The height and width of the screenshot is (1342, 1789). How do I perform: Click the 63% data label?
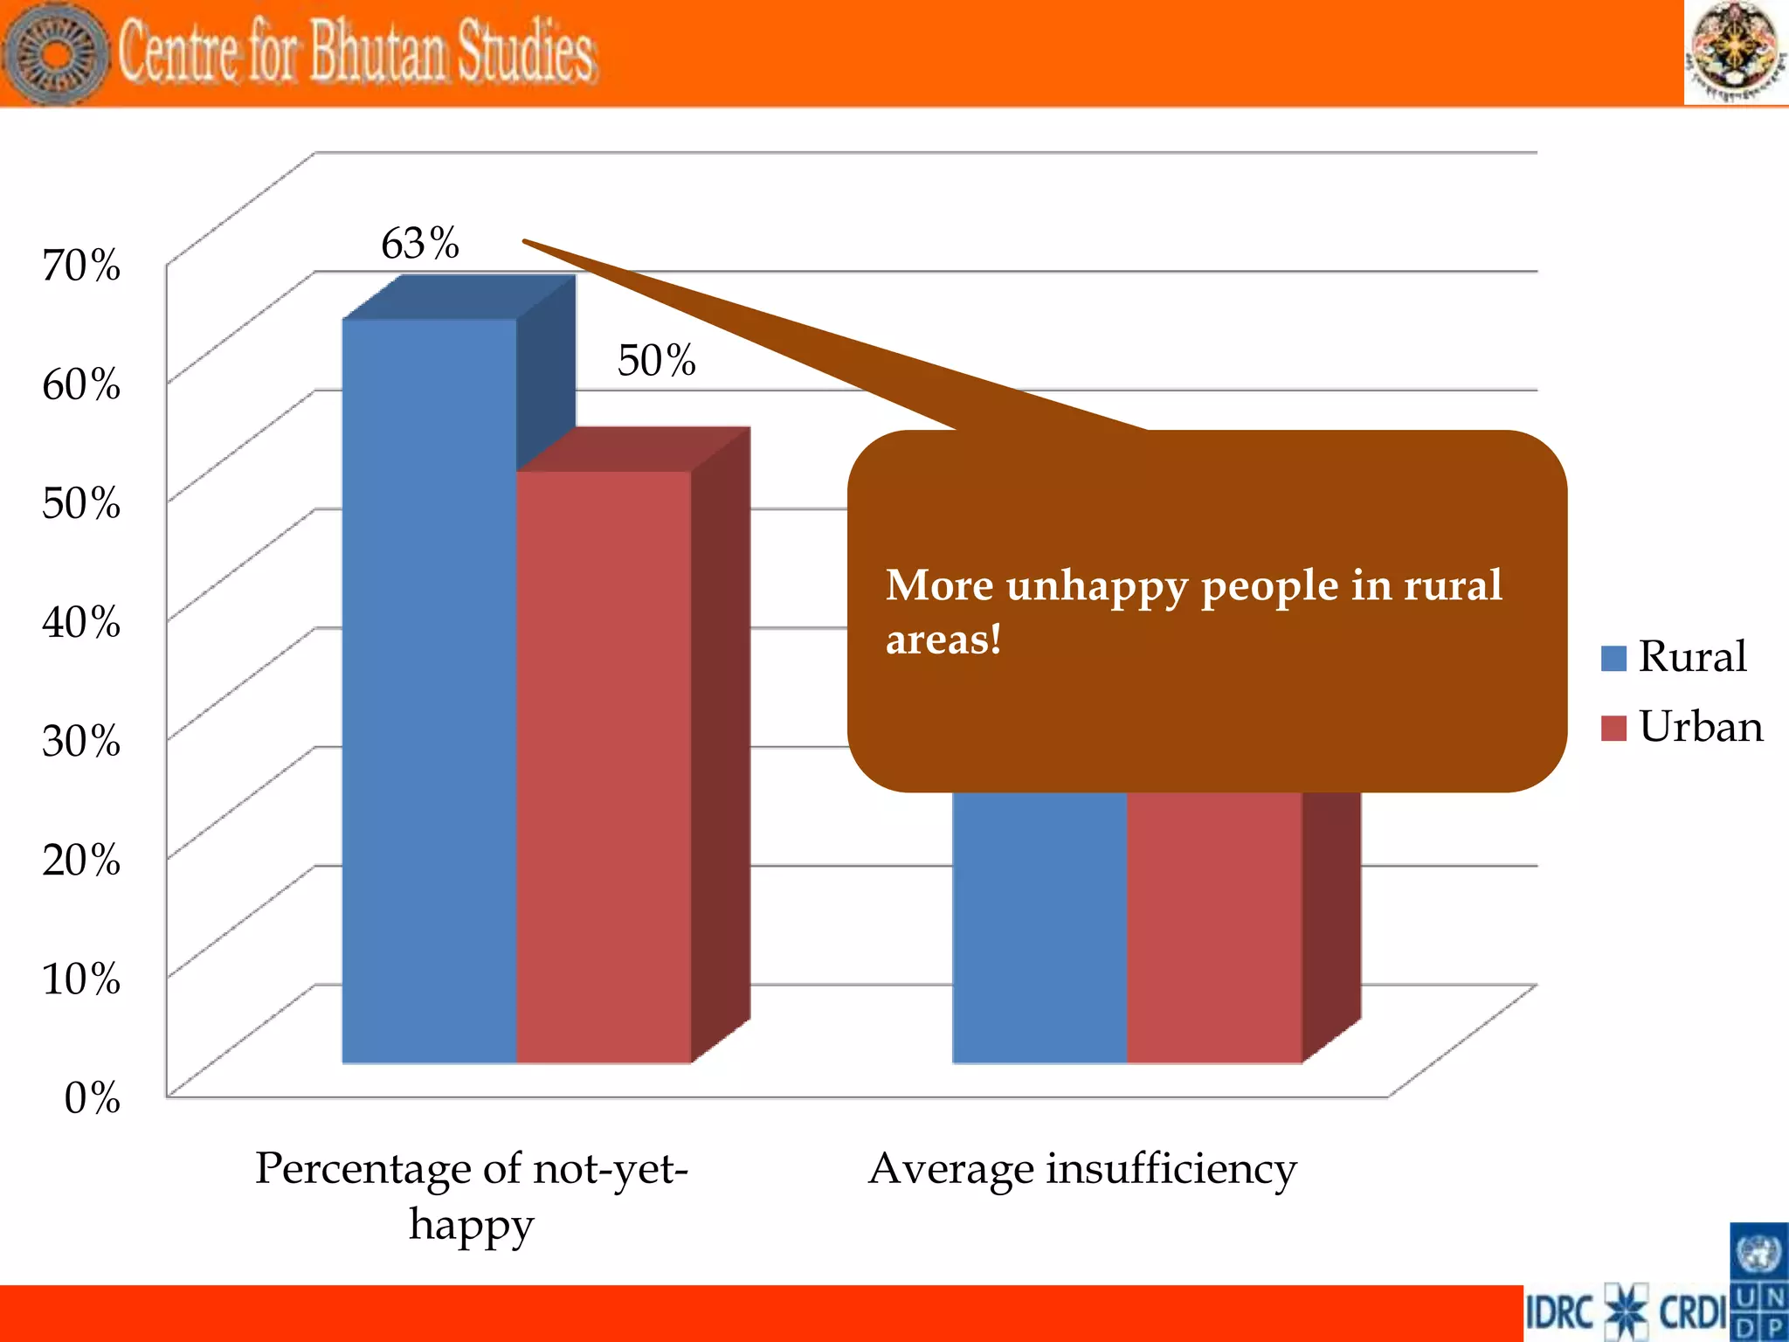pyautogui.click(x=419, y=243)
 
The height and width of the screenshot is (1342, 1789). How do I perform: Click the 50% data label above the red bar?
pyautogui.click(x=656, y=360)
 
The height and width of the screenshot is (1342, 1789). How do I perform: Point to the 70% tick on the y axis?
pyautogui.click(x=81, y=265)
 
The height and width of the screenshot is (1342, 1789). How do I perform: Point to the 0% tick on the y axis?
pyautogui.click(x=92, y=1097)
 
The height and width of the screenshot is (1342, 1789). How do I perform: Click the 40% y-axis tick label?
pyautogui.click(x=81, y=622)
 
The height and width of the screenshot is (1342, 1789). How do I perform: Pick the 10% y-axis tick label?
pyautogui.click(x=81, y=979)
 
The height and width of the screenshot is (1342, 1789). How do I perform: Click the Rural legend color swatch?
pyautogui.click(x=1613, y=658)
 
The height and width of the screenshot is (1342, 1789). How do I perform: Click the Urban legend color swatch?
pyautogui.click(x=1613, y=728)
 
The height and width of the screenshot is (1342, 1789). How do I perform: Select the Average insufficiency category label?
pyautogui.click(x=1082, y=1169)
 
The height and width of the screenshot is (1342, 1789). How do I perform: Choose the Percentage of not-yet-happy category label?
pyautogui.click(x=472, y=1195)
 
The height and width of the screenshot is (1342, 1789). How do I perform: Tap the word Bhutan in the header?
pyautogui.click(x=376, y=52)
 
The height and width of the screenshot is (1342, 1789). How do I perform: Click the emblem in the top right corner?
pyautogui.click(x=1735, y=52)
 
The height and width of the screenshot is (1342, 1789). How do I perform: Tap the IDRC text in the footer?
pyautogui.click(x=1560, y=1312)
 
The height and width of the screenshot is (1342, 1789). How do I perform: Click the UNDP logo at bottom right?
pyautogui.click(x=1758, y=1282)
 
